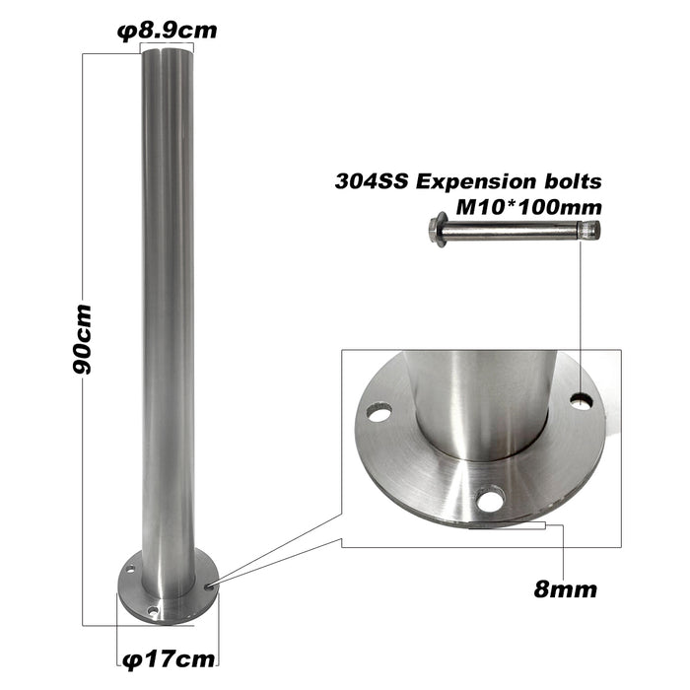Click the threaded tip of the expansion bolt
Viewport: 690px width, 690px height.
(x=591, y=233)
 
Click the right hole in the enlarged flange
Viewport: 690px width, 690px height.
(x=582, y=401)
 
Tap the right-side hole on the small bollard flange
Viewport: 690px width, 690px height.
(x=207, y=585)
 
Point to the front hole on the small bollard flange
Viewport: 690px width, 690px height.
(x=153, y=612)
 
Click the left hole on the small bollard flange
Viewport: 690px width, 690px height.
(x=128, y=569)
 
